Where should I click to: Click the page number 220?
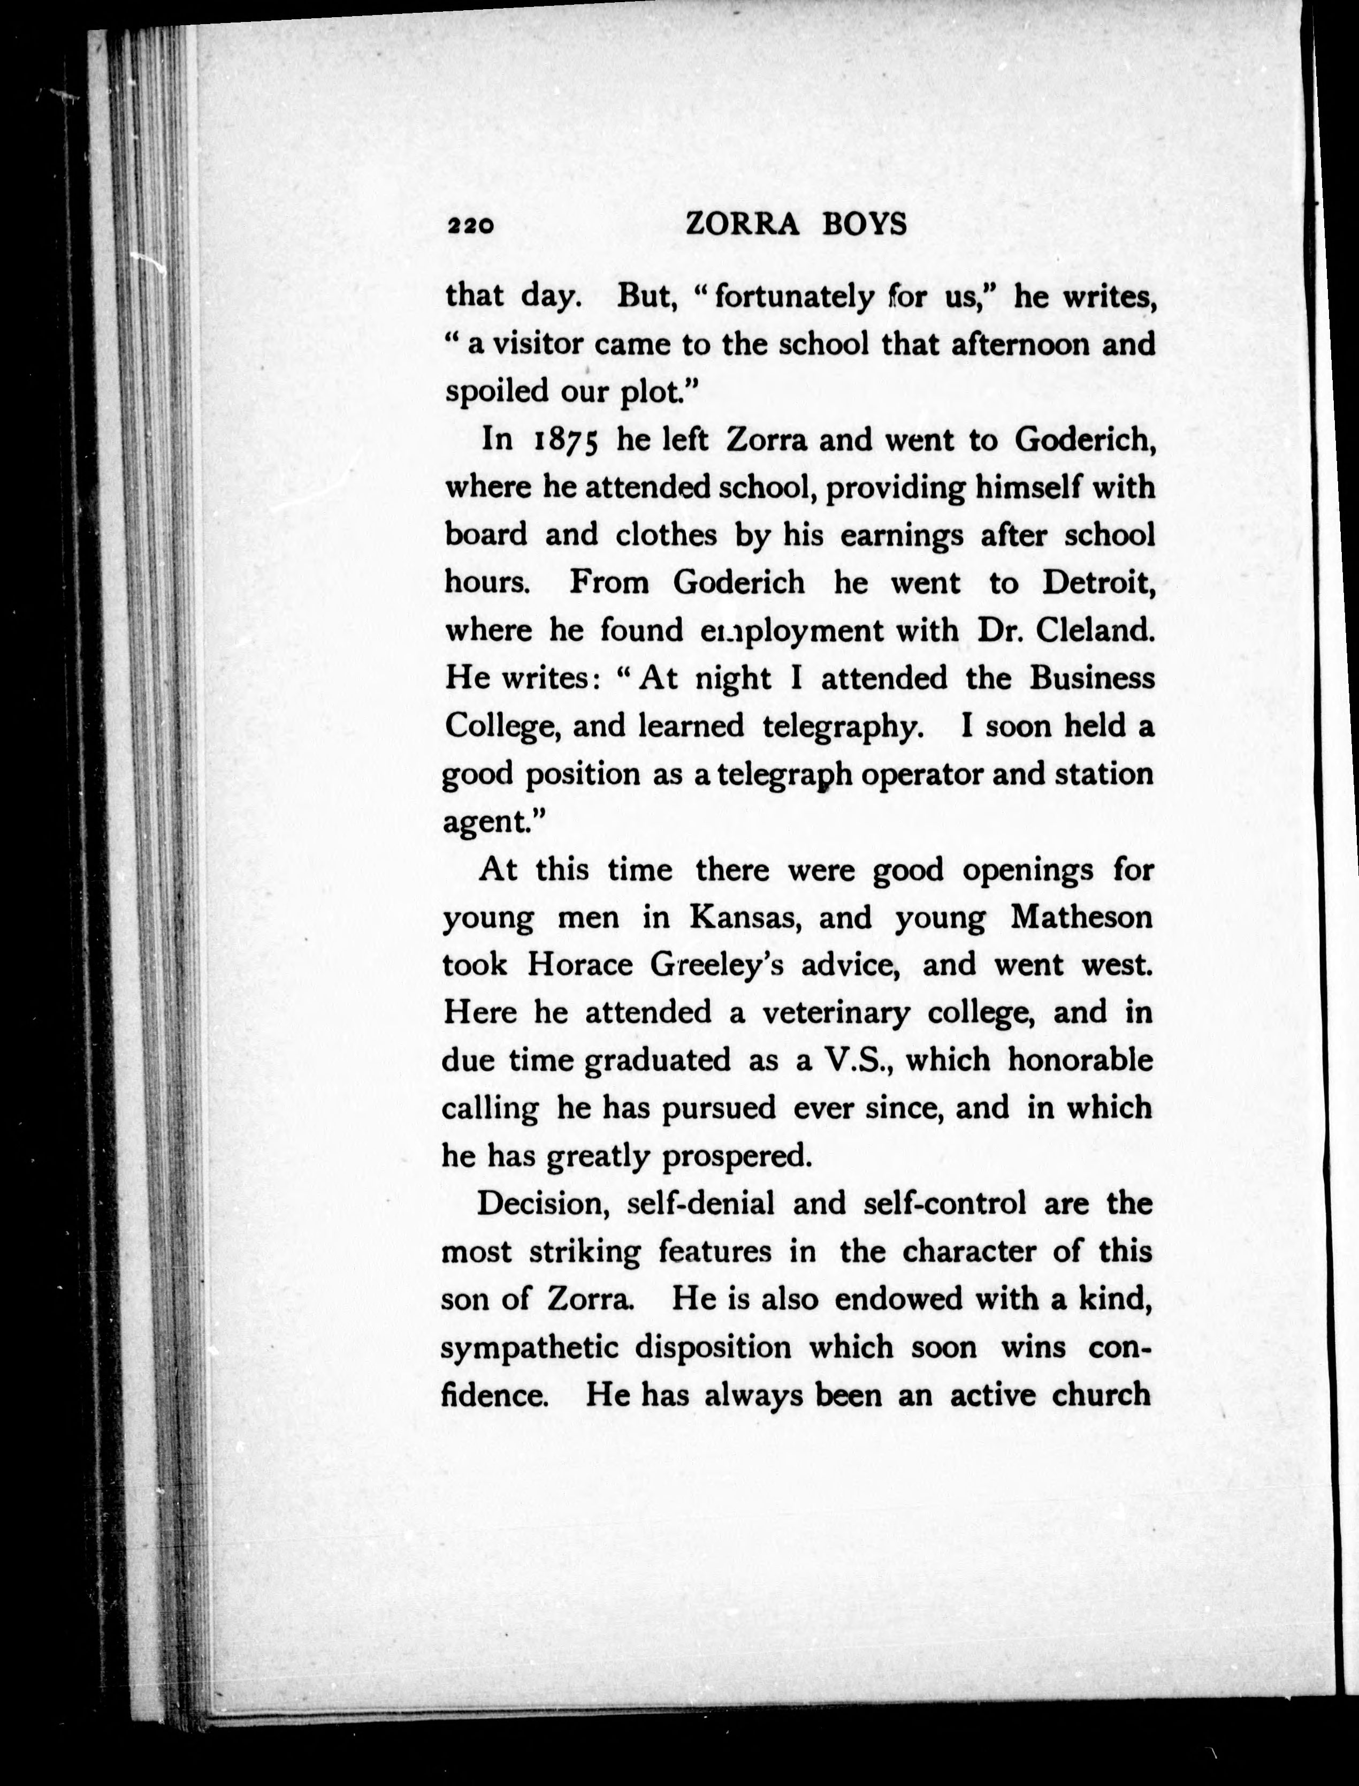point(469,226)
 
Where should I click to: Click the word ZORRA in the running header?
point(742,224)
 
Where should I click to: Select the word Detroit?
point(1098,582)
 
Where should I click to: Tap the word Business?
point(1091,677)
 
